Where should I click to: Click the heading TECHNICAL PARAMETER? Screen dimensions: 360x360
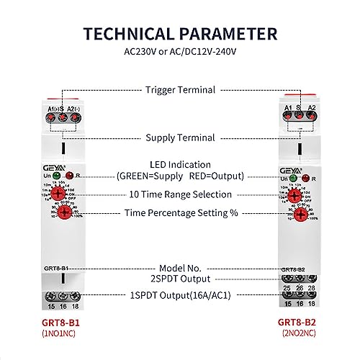pos(179,35)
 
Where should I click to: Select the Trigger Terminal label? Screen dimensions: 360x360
pos(179,90)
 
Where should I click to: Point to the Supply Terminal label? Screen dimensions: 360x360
pos(179,138)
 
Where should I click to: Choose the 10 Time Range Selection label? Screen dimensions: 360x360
pos(180,194)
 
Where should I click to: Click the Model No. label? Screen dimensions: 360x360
pos(180,266)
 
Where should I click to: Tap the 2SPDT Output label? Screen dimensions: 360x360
pos(180,279)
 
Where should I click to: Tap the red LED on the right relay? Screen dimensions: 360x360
pos(306,175)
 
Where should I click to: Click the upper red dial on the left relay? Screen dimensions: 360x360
pos(61,194)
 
